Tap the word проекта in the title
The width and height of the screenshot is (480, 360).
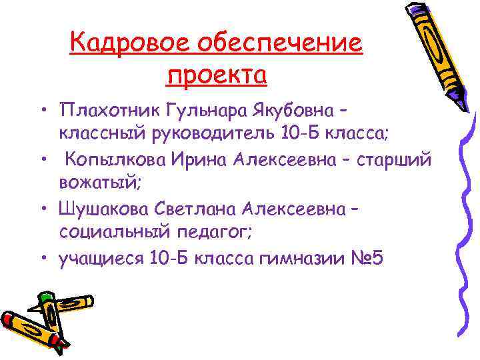(216, 75)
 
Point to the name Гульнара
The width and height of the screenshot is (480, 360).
(195, 109)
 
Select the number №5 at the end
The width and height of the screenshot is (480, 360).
(366, 258)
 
